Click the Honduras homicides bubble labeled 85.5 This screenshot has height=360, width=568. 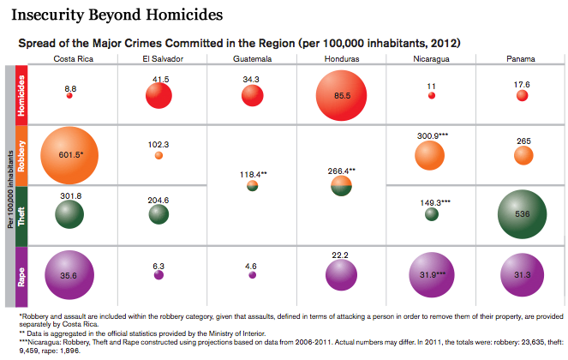[x=343, y=95]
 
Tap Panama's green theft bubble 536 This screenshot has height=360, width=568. [x=523, y=214]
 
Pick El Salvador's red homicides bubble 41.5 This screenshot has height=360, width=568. [x=158, y=95]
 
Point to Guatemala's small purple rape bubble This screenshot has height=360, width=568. [x=252, y=275]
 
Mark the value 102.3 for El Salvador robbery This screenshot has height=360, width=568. [x=158, y=144]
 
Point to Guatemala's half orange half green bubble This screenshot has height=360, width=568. [x=253, y=185]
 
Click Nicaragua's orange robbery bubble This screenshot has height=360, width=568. [x=429, y=154]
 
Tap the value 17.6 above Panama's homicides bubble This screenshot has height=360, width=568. [x=523, y=84]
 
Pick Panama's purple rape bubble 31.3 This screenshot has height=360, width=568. [x=523, y=274]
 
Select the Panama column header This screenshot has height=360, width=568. [x=523, y=58]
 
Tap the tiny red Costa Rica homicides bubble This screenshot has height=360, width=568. [x=70, y=96]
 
